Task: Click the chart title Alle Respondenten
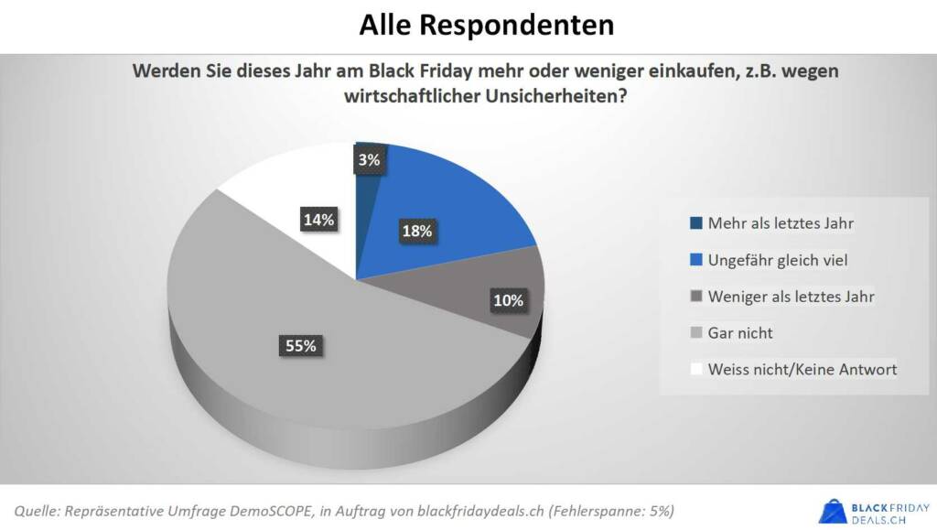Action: pyautogui.click(x=486, y=25)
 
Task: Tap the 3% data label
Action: pyautogui.click(x=369, y=160)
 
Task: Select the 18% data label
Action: pyautogui.click(x=416, y=232)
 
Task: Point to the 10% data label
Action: pyautogui.click(x=508, y=300)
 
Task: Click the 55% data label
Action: pyautogui.click(x=298, y=345)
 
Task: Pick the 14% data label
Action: pyautogui.click(x=318, y=220)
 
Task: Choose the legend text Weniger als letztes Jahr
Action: pyautogui.click(x=792, y=297)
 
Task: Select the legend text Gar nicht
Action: pyautogui.click(x=740, y=333)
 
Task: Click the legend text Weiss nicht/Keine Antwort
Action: pyautogui.click(x=802, y=370)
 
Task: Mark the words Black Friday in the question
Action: pyautogui.click(x=414, y=71)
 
